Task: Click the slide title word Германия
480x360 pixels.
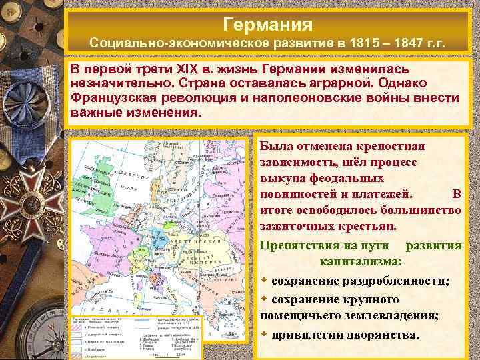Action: (x=268, y=24)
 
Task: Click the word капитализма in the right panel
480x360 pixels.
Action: (x=360, y=261)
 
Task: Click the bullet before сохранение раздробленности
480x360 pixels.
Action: (x=264, y=280)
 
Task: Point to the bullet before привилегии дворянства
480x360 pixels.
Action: (x=264, y=333)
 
